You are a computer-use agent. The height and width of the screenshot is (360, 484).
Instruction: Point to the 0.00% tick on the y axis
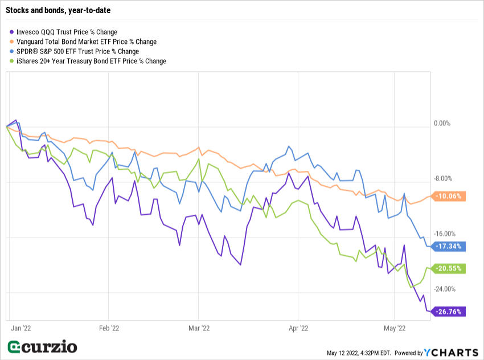click(x=442, y=123)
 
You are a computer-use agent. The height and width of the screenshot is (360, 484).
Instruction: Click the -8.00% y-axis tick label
click(x=442, y=178)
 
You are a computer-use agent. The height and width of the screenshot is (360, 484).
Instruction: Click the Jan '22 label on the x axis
click(x=22, y=328)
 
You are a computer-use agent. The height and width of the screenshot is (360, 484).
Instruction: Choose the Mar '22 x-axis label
click(x=198, y=328)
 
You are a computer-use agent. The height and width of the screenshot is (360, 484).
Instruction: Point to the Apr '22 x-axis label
click(x=298, y=328)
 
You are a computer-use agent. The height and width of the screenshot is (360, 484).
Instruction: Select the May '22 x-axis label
click(x=395, y=328)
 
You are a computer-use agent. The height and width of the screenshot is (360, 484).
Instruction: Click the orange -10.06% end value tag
click(x=449, y=197)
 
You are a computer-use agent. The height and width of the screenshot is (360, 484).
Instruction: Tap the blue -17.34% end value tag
click(x=449, y=247)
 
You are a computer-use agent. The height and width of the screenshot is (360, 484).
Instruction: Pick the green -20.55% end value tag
click(x=449, y=269)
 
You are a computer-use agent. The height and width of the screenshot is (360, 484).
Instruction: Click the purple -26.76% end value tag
click(x=449, y=312)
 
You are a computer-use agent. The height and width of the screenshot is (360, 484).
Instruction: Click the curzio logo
click(x=43, y=346)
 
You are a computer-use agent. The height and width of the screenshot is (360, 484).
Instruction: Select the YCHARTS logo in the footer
click(x=452, y=353)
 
